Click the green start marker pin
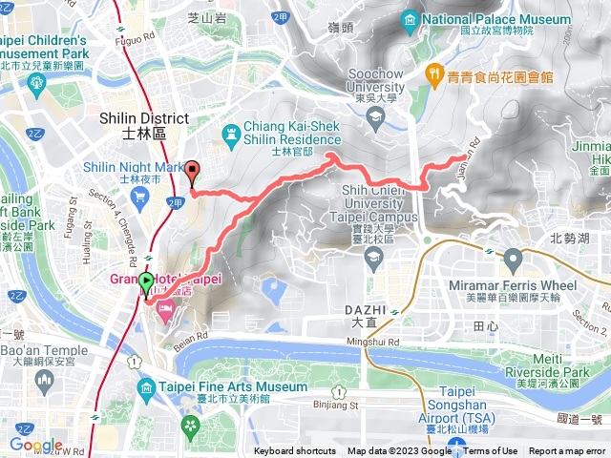click(146, 282)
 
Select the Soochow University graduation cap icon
click(375, 116)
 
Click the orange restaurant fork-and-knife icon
click(433, 72)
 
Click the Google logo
click(36, 445)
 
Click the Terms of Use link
click(491, 451)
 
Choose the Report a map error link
click(568, 451)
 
